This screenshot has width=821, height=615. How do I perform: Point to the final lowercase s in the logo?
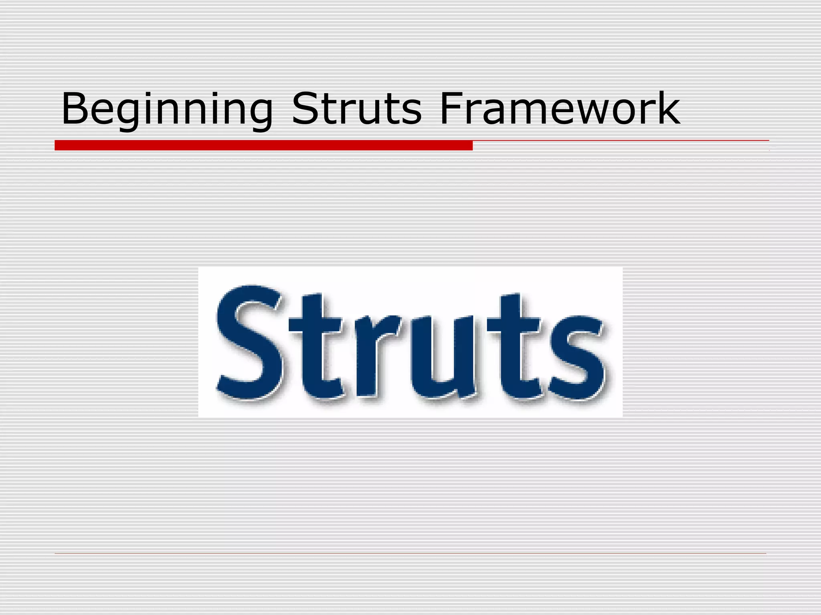coord(577,356)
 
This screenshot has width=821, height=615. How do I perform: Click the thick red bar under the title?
coord(263,145)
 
